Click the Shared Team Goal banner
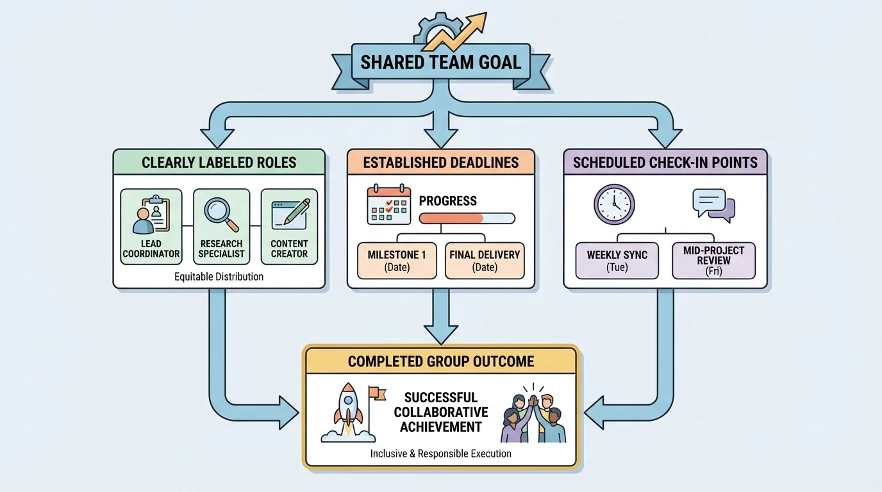pyautogui.click(x=440, y=63)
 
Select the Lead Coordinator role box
pyautogui.click(x=151, y=227)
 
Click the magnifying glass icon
pyautogui.click(x=220, y=213)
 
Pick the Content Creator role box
pyautogui.click(x=289, y=227)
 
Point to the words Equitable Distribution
pyautogui.click(x=219, y=277)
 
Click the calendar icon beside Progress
pyautogui.click(x=388, y=205)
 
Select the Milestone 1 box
pyautogui.click(x=397, y=260)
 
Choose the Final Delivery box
pyautogui.click(x=485, y=260)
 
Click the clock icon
pyautogui.click(x=614, y=204)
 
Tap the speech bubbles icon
pyautogui.click(x=713, y=205)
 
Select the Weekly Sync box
pyautogui.click(x=617, y=260)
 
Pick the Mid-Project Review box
pyautogui.click(x=713, y=260)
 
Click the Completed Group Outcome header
pyautogui.click(x=441, y=361)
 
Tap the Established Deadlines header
pyautogui.click(x=440, y=162)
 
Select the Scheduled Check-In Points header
pyautogui.click(x=665, y=162)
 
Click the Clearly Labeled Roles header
pyautogui.click(x=219, y=162)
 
